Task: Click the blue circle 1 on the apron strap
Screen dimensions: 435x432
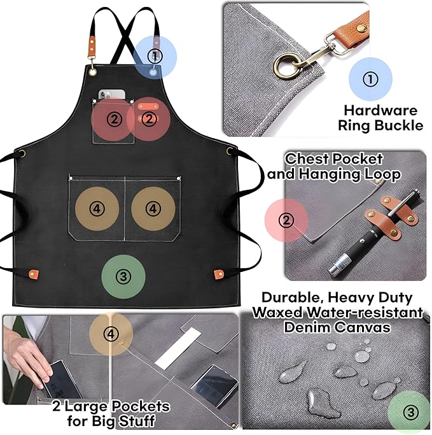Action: pos(153,56)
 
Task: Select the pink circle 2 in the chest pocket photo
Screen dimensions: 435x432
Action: pos(287,220)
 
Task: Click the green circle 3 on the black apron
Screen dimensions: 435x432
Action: pos(124,276)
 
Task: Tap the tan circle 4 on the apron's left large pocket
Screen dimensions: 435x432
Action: pos(97,208)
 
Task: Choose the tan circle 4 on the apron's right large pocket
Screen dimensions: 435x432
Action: pos(153,208)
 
